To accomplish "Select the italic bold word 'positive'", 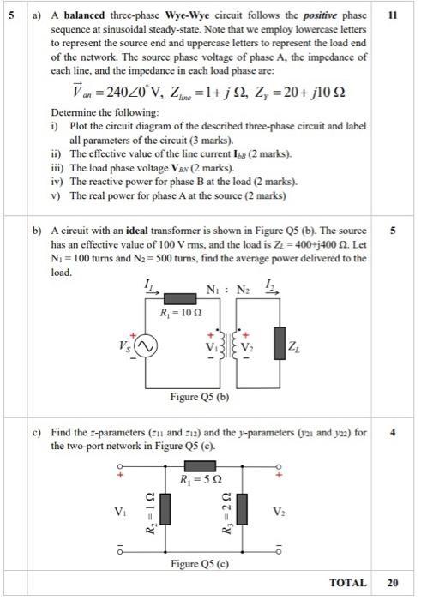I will (x=317, y=16).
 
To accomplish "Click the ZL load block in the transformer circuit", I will (x=280, y=347).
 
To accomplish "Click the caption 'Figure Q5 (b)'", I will (x=199, y=396).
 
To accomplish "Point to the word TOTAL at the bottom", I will (x=348, y=582).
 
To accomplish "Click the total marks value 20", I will (x=393, y=582).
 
